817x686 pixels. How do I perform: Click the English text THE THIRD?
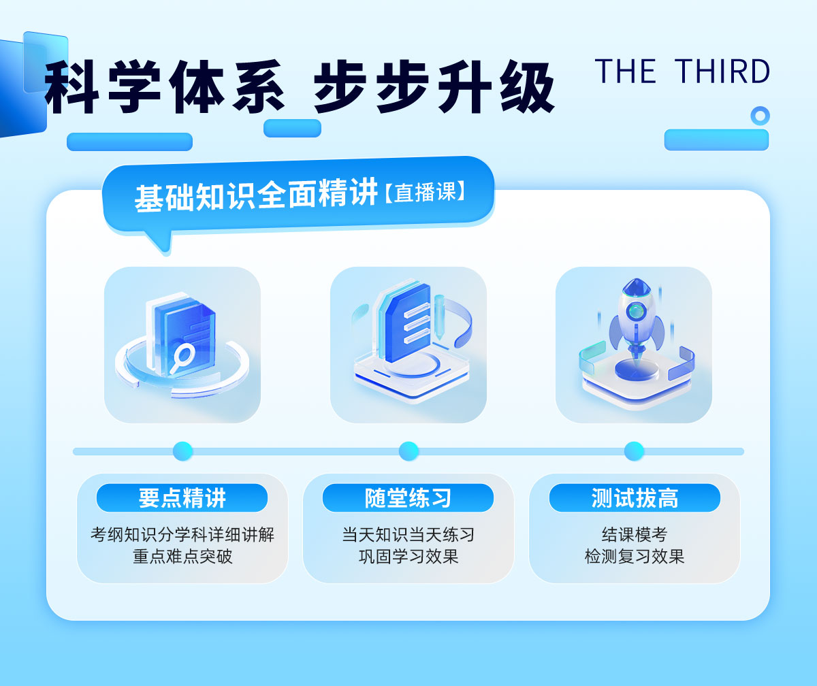coord(682,71)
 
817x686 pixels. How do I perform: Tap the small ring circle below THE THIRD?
coord(760,116)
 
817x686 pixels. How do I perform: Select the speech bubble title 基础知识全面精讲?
coord(256,195)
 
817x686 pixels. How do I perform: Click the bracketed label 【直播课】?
coord(426,192)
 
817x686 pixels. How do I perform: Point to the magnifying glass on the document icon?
coord(181,358)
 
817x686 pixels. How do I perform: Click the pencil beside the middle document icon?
coord(439,316)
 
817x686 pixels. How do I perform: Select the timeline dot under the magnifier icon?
coord(182,451)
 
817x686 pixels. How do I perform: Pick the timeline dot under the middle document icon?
coord(408,451)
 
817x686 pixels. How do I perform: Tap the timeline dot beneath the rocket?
coord(634,451)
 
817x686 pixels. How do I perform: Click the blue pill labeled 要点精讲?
coord(182,498)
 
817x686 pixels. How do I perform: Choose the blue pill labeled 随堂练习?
coord(408,498)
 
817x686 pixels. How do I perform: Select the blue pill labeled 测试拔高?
coord(635,498)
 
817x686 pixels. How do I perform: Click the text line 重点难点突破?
coord(182,556)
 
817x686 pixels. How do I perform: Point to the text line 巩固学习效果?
coord(408,556)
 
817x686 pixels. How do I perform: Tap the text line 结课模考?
coord(635,534)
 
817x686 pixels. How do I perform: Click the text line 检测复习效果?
coord(635,556)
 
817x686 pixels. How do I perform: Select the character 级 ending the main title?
coord(527,87)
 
